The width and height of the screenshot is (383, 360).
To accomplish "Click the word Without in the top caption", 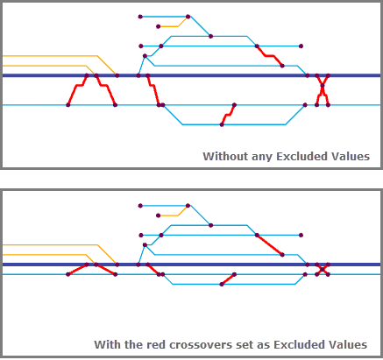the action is coord(225,157).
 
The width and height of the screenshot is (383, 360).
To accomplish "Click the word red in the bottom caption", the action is coord(156,345).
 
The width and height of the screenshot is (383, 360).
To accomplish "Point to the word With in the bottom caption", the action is coord(107,345).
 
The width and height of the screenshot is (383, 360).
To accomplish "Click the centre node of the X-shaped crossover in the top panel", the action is coord(323,86).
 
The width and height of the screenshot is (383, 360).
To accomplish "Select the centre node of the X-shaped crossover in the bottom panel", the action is coord(323,269).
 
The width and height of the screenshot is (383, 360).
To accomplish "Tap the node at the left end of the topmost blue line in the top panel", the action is coord(140,17).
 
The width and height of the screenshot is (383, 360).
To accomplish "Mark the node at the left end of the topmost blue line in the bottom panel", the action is coord(140,206).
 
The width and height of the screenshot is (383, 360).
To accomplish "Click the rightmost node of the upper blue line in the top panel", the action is coord(301,46).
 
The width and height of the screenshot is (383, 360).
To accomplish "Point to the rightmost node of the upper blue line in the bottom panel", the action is coord(301,235).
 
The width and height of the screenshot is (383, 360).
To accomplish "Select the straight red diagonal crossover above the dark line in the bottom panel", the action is coord(269,245).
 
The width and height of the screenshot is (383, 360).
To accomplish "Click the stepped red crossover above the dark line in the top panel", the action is coord(269,55).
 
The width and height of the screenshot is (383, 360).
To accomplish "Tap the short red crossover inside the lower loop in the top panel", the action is coord(228,115).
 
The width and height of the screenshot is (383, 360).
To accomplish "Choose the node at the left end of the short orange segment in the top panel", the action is coord(159,26).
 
